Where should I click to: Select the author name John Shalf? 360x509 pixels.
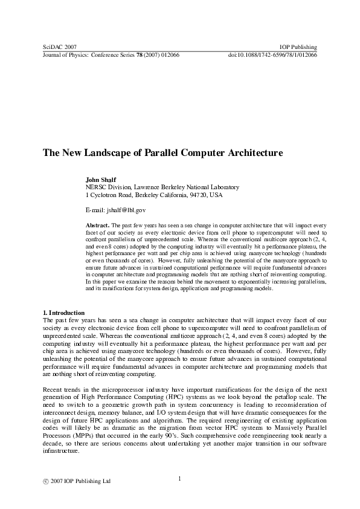[x=100, y=180]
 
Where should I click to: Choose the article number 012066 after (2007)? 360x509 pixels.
[x=168, y=54]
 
